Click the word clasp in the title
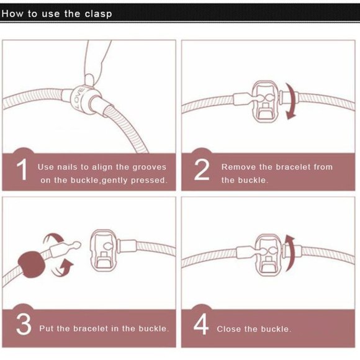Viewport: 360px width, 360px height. coord(98,14)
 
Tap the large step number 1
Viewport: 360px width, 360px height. coord(22,169)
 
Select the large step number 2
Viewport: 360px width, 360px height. coord(202,169)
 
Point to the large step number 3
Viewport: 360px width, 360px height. coord(24,325)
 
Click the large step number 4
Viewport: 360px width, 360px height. coord(201,325)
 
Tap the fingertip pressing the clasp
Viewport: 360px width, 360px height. coord(89,80)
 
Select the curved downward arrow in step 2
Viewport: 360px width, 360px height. coord(291,101)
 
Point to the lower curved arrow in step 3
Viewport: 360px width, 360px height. coord(63,269)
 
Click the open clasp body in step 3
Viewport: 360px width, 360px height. coord(103,251)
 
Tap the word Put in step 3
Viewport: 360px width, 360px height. coord(47,328)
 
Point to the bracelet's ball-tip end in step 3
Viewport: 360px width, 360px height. coord(76,245)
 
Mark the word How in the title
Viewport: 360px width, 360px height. coord(12,14)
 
